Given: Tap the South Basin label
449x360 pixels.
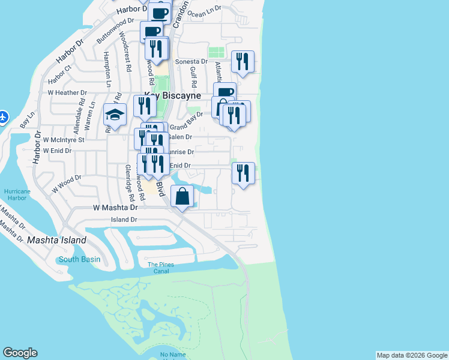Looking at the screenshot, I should point(79,260).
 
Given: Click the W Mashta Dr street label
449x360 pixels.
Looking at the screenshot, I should point(115,208).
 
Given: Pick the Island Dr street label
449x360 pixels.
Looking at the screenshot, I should point(124,220).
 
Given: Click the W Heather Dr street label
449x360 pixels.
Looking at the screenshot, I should point(67,93).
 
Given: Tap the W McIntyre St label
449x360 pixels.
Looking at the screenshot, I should point(64,139).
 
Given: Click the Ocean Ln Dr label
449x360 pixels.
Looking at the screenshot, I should point(204,12).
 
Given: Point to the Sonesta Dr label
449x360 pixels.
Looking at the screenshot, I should point(191,62).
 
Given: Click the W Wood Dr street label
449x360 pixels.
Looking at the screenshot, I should point(66,182).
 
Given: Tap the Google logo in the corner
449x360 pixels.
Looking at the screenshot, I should point(20,353).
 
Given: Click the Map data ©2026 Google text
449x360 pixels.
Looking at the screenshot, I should point(412,355).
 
